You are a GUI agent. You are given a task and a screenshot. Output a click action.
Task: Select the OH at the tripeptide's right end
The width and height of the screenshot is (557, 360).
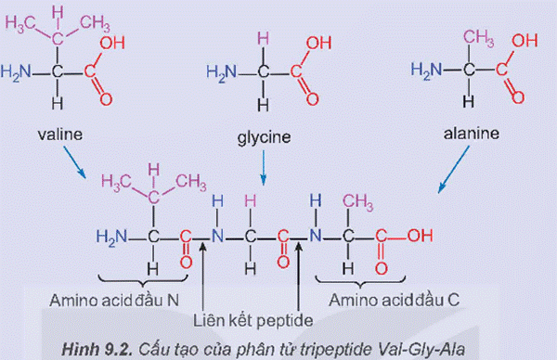click(x=419, y=236)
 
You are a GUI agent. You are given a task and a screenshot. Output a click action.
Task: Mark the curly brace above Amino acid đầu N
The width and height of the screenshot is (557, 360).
click(x=141, y=280)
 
